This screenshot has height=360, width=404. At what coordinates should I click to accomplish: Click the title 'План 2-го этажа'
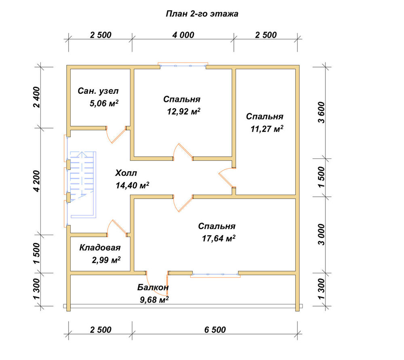click(202, 14)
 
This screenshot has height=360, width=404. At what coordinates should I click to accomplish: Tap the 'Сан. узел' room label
click(98, 91)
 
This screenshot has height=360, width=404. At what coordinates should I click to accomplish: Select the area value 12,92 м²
click(184, 112)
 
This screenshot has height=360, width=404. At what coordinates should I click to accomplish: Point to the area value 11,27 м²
click(267, 128)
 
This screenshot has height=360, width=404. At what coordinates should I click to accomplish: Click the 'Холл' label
click(126, 173)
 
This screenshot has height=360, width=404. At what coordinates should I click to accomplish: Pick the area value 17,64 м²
click(219, 238)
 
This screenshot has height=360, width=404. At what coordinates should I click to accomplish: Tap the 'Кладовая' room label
click(100, 248)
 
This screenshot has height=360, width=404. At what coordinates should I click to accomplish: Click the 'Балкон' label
click(153, 287)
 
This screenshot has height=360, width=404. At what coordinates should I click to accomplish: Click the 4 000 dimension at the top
click(183, 35)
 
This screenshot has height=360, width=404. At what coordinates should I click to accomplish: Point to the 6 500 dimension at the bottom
click(215, 330)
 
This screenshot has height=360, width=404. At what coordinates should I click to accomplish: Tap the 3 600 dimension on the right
click(322, 113)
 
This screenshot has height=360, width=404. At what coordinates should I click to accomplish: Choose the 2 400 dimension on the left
click(37, 97)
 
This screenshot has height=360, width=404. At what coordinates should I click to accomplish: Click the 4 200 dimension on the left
click(37, 181)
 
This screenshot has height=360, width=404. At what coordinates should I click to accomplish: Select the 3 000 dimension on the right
click(322, 235)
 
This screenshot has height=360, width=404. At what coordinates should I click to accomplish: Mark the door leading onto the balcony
click(157, 284)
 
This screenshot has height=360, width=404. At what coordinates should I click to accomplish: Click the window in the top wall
click(183, 65)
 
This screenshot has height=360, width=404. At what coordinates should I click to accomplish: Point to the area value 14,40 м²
click(133, 185)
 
